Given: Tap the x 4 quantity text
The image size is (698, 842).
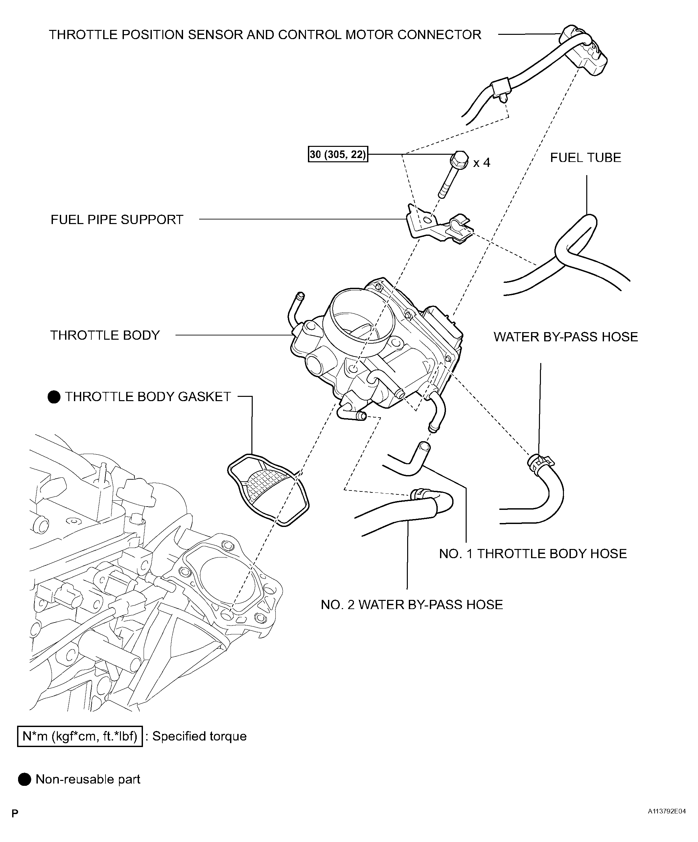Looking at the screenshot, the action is (x=481, y=163).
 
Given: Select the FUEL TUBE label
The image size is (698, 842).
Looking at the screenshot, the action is (x=585, y=158).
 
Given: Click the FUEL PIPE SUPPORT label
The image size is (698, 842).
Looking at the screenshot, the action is (x=117, y=220).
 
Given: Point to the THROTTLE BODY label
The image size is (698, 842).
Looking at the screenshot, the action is (x=105, y=335).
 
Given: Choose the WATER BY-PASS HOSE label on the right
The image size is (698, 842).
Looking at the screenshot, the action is (x=566, y=337).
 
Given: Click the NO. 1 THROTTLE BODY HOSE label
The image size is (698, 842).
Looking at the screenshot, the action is (x=533, y=554).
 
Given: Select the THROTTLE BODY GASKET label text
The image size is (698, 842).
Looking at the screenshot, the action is (x=148, y=397).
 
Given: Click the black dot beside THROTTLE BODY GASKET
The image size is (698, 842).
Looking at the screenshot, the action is (x=54, y=397).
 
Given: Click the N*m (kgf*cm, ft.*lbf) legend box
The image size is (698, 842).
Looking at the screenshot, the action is (x=80, y=737).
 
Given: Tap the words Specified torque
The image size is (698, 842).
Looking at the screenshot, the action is (x=199, y=737).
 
